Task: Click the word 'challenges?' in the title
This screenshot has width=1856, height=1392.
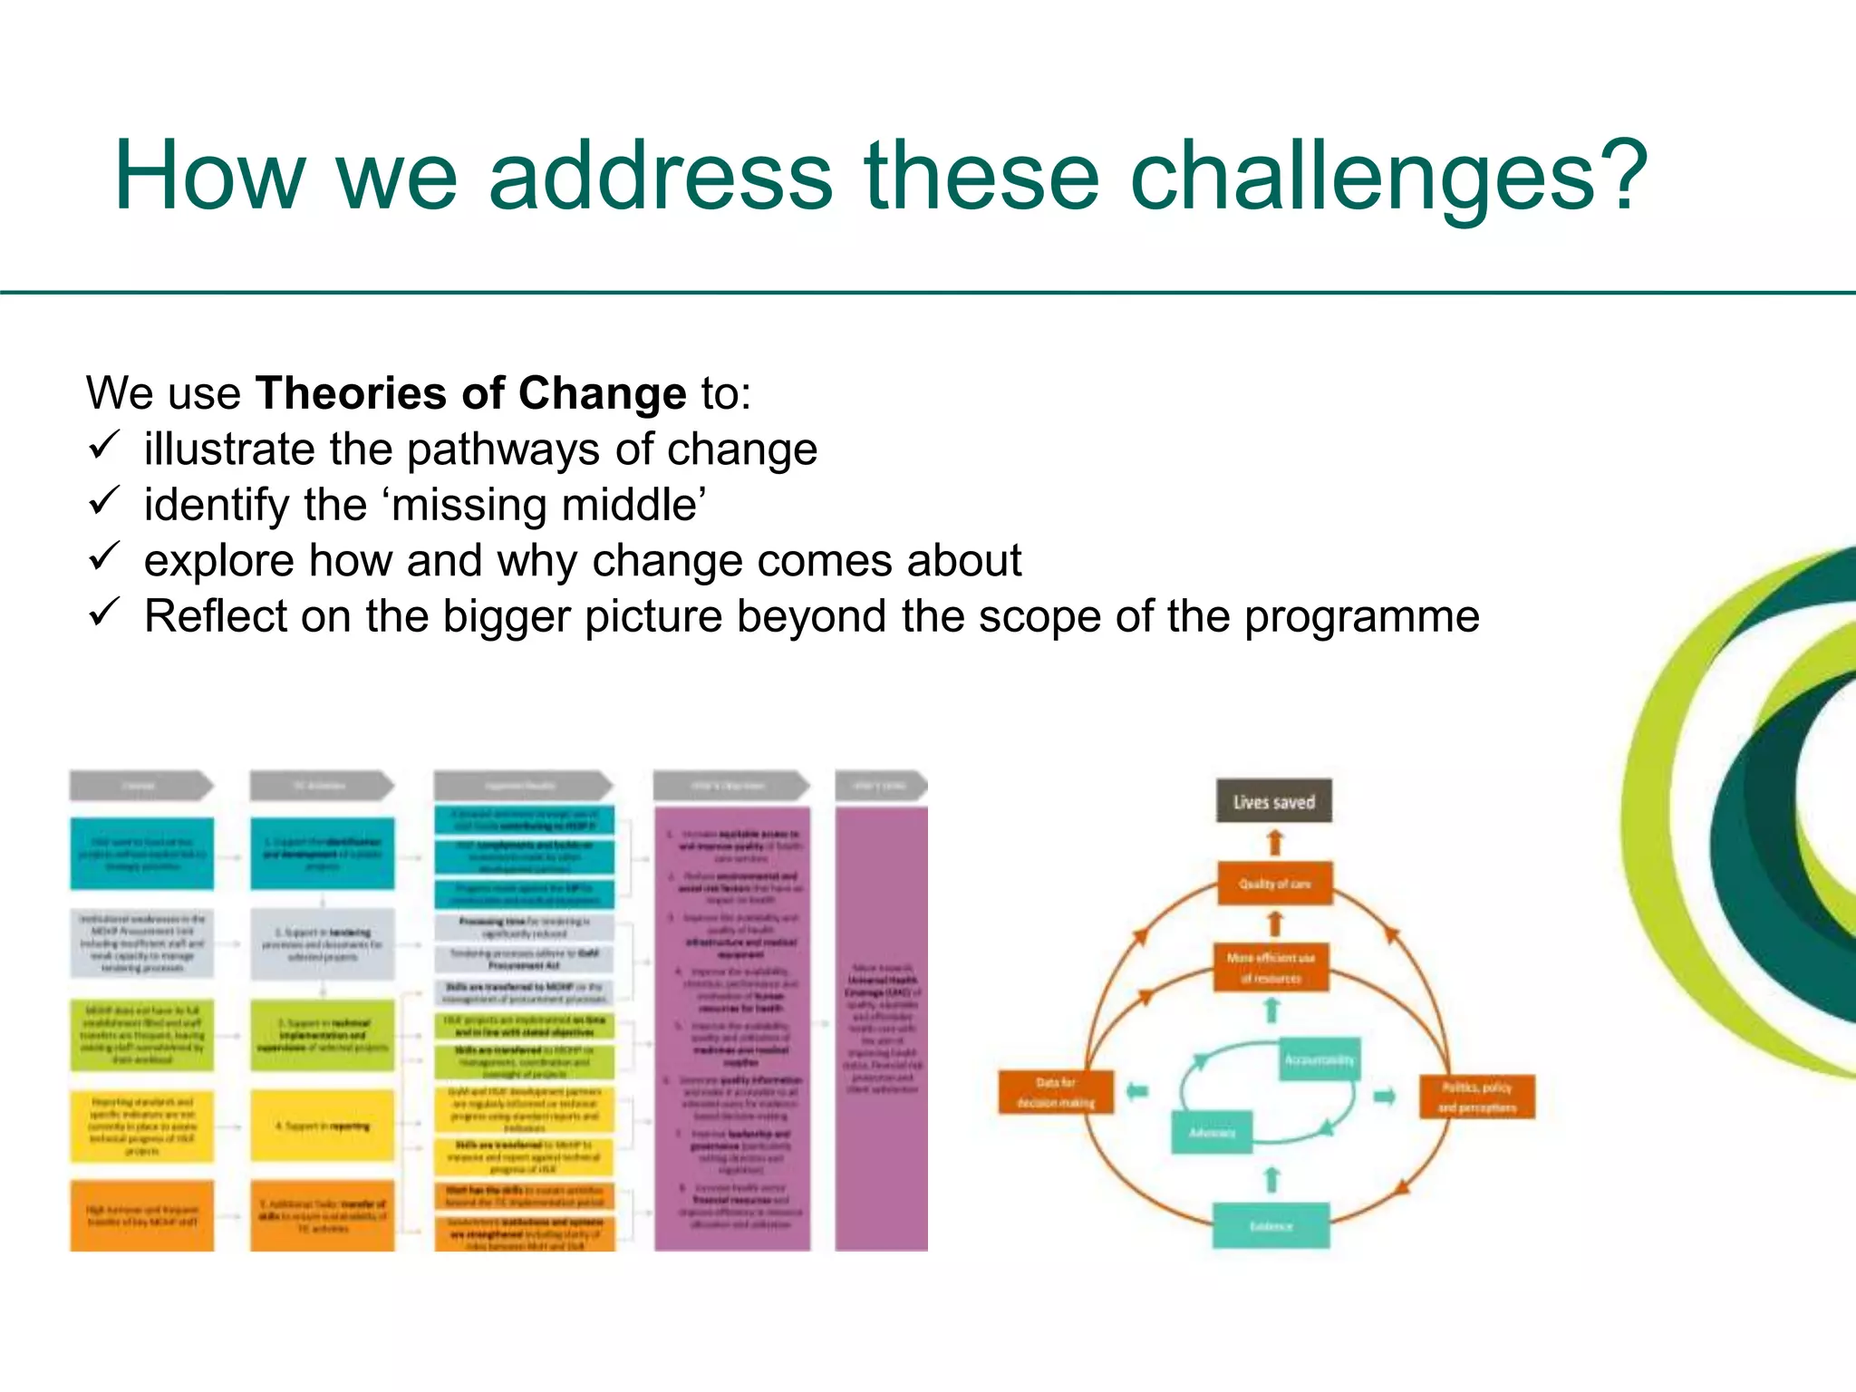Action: pyautogui.click(x=1387, y=177)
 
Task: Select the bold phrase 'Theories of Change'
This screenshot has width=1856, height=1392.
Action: pyautogui.click(x=471, y=393)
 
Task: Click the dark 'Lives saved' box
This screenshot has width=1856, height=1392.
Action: pyautogui.click(x=1273, y=801)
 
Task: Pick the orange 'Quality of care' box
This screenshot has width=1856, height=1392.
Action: pyautogui.click(x=1274, y=883)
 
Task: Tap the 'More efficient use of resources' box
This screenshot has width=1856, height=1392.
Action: pyautogui.click(x=1271, y=967)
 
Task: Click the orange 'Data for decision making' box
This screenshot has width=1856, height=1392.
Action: pyautogui.click(x=1055, y=1092)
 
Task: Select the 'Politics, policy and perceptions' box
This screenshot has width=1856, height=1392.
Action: pyautogui.click(x=1476, y=1097)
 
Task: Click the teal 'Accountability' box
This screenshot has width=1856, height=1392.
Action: pyautogui.click(x=1319, y=1059)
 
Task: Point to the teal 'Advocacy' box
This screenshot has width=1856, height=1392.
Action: pyautogui.click(x=1212, y=1132)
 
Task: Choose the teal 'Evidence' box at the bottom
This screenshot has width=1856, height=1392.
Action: pyautogui.click(x=1271, y=1225)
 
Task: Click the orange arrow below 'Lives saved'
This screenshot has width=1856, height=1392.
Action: pyautogui.click(x=1275, y=843)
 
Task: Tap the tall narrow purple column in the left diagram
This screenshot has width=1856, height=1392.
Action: pyautogui.click(x=881, y=1029)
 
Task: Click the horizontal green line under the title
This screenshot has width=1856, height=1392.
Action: pyautogui.click(x=928, y=293)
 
